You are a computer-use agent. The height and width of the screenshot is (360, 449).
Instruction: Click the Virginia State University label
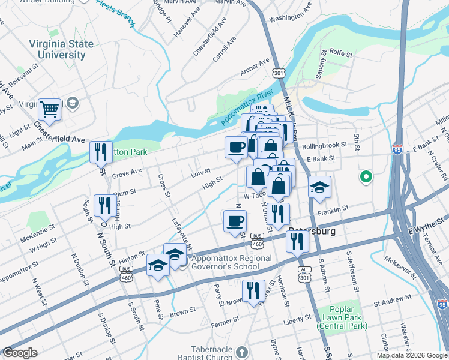[x=61, y=50]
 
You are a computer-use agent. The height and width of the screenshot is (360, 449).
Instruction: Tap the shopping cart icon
[x=49, y=110]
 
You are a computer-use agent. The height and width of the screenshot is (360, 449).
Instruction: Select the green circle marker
[x=365, y=177]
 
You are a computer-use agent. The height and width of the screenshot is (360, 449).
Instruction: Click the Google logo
[x=20, y=353]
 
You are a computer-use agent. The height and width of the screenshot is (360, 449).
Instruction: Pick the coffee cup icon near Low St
[x=236, y=147]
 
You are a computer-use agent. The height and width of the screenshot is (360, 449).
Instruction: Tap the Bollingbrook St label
[x=325, y=145]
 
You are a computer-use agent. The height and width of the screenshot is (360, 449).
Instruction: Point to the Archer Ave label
[x=255, y=67]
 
